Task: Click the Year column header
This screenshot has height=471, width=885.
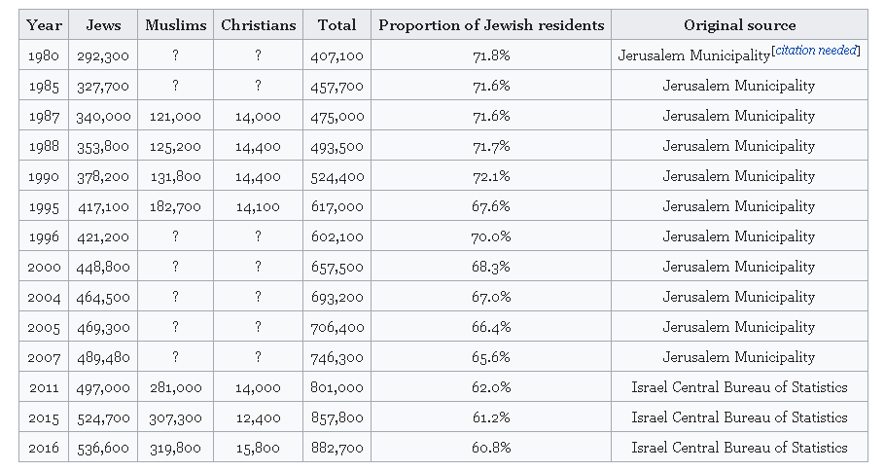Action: pyautogui.click(x=44, y=25)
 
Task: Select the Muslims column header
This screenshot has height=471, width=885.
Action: pyautogui.click(x=175, y=25)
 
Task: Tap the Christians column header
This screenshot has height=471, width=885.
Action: pyautogui.click(x=258, y=25)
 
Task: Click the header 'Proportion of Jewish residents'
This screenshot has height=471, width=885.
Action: pyautogui.click(x=491, y=25)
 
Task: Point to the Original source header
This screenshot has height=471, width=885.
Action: pyautogui.click(x=739, y=25)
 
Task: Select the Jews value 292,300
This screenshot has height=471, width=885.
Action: pyautogui.click(x=103, y=55)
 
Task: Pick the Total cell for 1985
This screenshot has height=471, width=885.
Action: pyautogui.click(x=337, y=86)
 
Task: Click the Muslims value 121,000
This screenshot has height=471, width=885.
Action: pyautogui.click(x=175, y=116)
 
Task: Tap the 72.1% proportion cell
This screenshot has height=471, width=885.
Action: pyautogui.click(x=491, y=176)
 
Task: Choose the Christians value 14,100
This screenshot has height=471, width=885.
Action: pyautogui.click(x=258, y=206)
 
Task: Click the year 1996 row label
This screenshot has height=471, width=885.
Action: pyautogui.click(x=44, y=236)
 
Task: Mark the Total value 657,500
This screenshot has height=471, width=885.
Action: pyautogui.click(x=337, y=267)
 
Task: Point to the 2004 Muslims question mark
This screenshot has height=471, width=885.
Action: pyautogui.click(x=175, y=297)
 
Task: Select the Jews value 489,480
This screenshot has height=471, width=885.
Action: pyautogui.click(x=103, y=357)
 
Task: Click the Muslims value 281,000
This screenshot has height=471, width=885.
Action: pyautogui.click(x=175, y=387)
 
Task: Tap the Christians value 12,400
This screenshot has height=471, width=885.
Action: pyautogui.click(x=258, y=417)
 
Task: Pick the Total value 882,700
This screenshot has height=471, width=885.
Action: pyautogui.click(x=337, y=448)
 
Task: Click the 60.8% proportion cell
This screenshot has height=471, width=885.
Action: pyautogui.click(x=491, y=448)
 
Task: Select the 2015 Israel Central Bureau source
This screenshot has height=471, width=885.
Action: pyautogui.click(x=739, y=417)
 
